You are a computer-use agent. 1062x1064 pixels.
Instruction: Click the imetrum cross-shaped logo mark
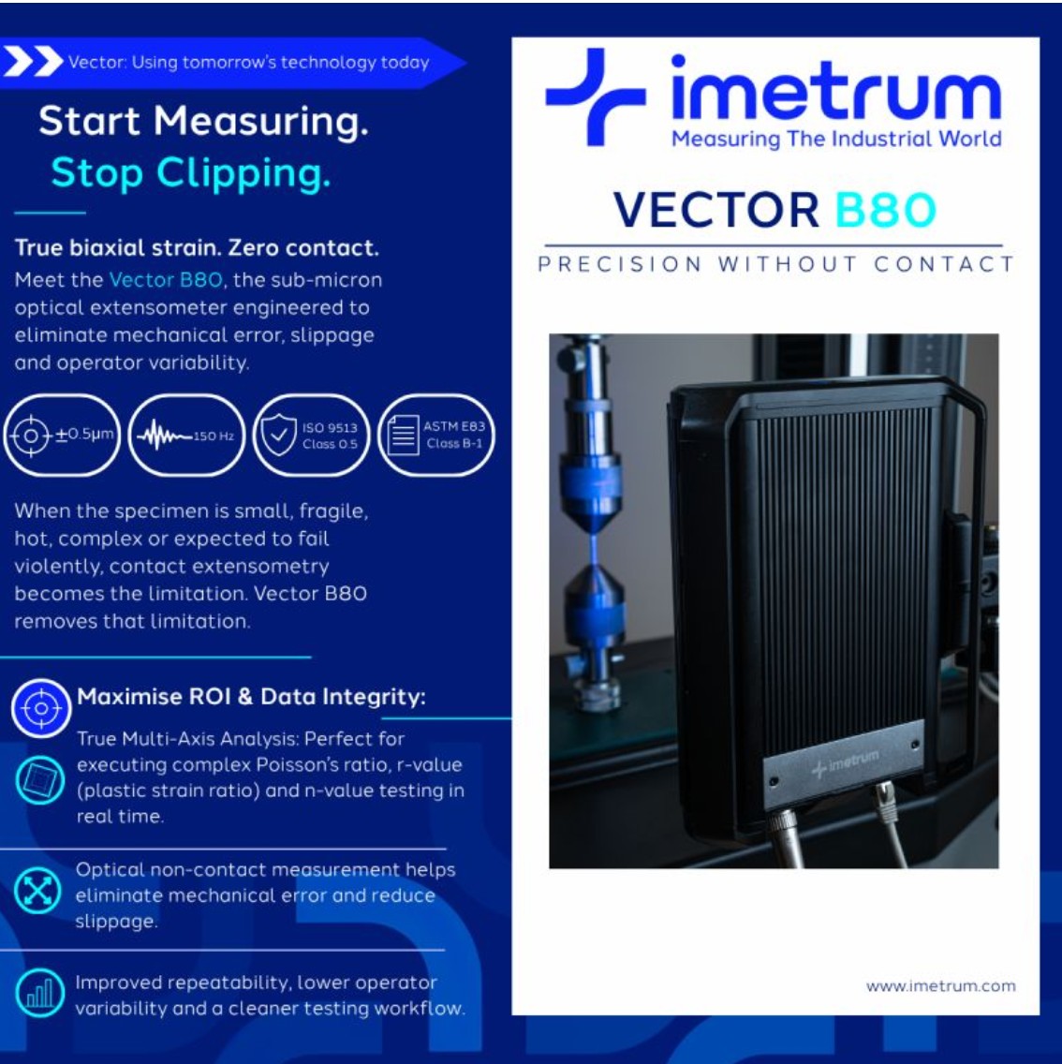[595, 96]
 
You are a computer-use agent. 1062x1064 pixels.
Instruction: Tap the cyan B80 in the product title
[885, 210]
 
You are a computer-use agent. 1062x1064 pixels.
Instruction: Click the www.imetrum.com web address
[940, 986]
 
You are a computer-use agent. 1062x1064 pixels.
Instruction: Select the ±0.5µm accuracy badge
[62, 435]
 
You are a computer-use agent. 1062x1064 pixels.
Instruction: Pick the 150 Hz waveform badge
[186, 435]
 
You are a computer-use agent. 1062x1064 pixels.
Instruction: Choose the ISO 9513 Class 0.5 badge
[312, 435]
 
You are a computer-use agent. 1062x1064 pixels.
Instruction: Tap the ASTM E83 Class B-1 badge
[436, 435]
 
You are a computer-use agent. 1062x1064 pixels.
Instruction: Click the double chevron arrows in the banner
[33, 62]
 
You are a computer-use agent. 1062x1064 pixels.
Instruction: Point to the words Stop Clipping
[191, 172]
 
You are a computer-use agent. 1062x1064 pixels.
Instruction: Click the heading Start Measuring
[203, 121]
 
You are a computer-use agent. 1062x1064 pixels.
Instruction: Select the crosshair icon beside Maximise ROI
[41, 708]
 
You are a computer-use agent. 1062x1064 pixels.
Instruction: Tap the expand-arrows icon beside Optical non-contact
[38, 891]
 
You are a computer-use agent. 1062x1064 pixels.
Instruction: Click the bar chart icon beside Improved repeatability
[39, 994]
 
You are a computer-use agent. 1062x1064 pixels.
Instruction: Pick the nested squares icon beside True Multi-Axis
[39, 779]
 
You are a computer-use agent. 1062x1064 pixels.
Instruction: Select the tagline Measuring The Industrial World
[836, 140]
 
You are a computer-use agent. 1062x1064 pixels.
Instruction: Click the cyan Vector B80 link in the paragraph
[166, 279]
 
